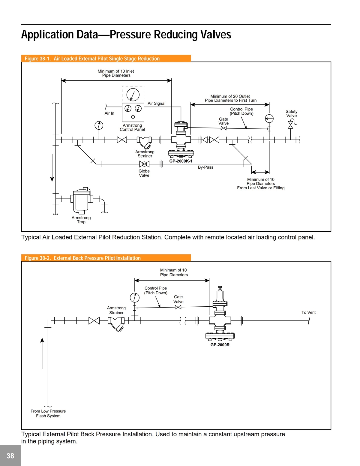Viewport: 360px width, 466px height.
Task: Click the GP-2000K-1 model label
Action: coord(181,161)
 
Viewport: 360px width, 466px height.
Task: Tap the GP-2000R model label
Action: coord(220,345)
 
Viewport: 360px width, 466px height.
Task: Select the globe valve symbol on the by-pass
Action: coord(144,164)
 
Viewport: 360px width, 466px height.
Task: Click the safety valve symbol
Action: coord(291,125)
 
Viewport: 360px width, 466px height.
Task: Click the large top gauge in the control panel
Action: coord(133,95)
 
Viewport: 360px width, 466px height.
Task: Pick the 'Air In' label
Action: coord(109,113)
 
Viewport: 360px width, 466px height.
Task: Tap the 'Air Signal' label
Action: coord(157,103)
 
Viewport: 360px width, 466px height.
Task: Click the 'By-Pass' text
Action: coord(205,167)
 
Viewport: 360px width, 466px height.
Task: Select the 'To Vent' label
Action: coord(308,312)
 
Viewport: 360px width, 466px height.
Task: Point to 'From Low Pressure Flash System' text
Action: coord(48,413)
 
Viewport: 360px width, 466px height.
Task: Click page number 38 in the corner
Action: coord(10,456)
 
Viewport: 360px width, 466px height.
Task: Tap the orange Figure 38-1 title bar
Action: coord(106,59)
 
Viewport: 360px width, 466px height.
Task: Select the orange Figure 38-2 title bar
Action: coord(106,258)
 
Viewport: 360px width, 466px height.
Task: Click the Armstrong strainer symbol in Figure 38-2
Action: coord(116,323)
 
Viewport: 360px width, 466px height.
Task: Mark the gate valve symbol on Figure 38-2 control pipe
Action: coord(178,307)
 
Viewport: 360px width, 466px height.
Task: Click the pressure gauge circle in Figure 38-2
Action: coord(135,297)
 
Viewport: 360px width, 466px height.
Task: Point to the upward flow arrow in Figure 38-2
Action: coord(42,353)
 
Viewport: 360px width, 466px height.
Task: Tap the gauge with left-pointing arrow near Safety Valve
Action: coord(269,119)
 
